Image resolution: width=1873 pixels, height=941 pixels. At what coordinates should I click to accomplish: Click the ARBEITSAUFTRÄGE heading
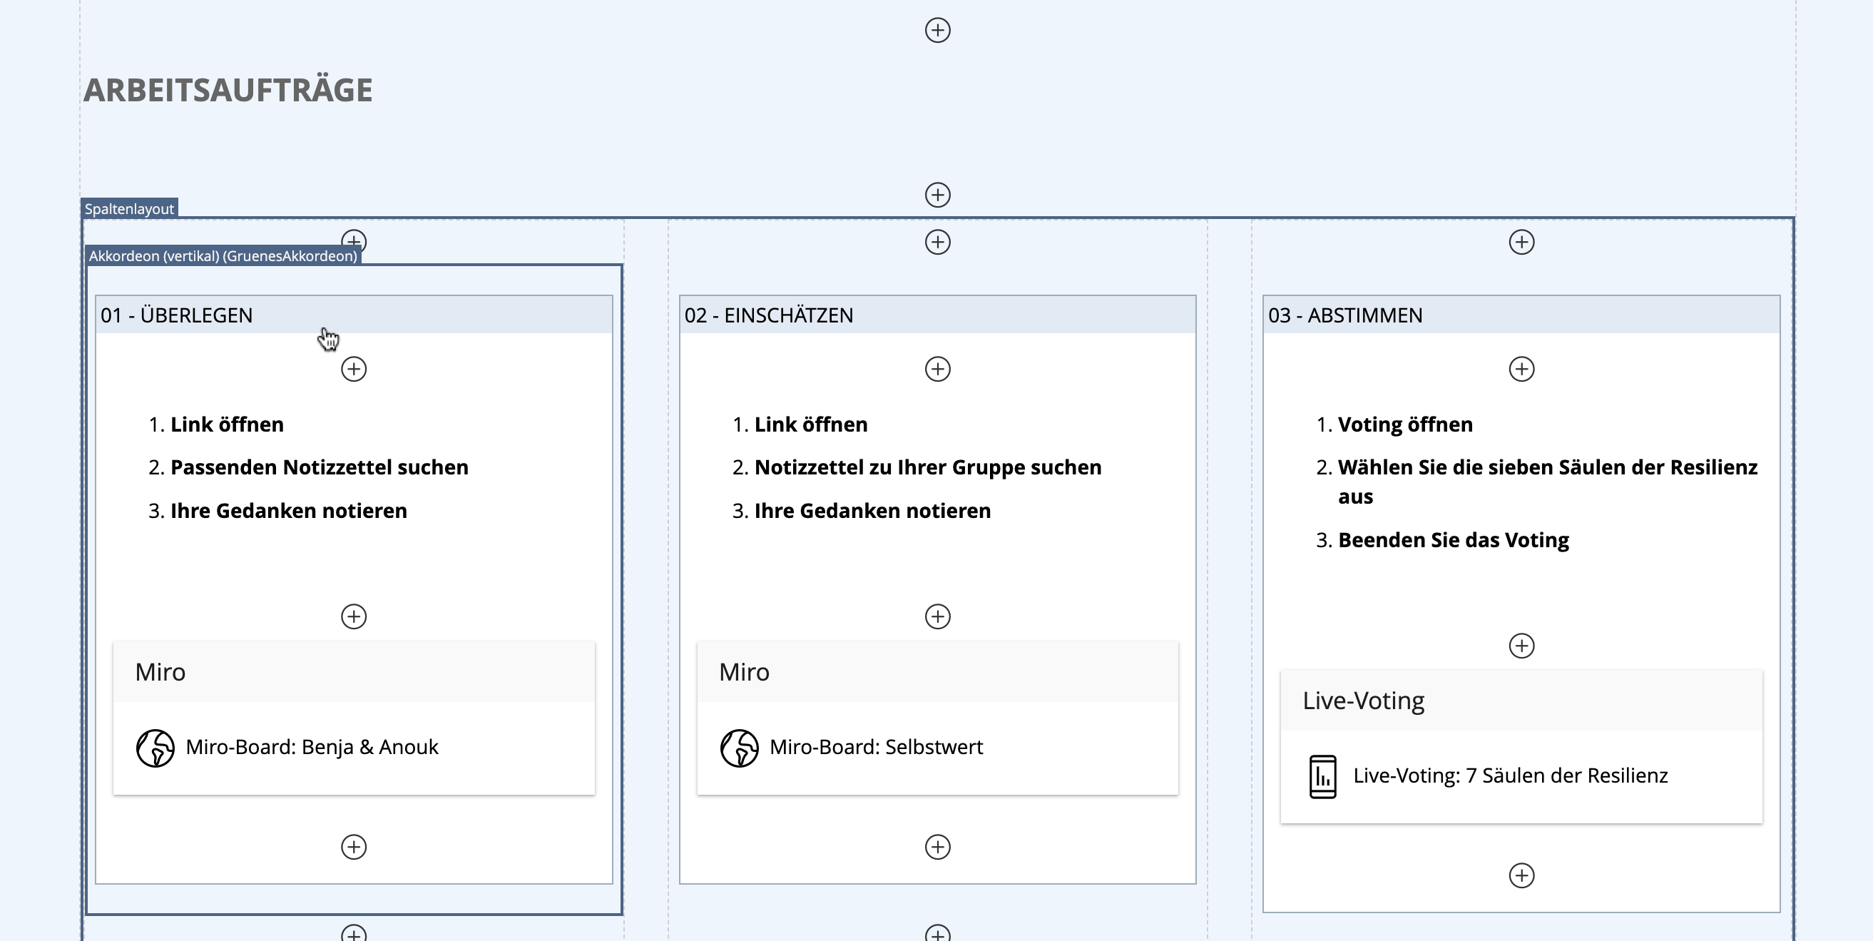coord(228,90)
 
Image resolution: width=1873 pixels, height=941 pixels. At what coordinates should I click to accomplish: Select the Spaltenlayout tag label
coord(129,209)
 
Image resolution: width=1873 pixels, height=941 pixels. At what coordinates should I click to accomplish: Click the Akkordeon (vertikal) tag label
coord(223,256)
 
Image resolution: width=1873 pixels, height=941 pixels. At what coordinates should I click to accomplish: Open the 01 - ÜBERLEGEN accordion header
coord(354,315)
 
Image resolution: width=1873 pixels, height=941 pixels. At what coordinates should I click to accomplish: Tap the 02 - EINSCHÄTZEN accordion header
coord(937,315)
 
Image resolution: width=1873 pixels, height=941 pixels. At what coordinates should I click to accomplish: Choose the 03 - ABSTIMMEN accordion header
coord(1521,315)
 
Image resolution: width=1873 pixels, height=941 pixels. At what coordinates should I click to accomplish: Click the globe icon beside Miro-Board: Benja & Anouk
coord(155,748)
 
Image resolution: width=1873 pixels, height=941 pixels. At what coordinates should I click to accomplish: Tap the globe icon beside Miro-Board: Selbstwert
coord(740,748)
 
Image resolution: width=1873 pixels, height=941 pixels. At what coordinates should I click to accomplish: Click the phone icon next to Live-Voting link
coord(1322,777)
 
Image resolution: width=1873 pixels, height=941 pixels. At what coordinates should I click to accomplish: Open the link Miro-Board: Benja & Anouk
coord(312,747)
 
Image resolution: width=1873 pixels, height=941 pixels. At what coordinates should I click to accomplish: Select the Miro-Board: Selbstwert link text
coord(876,747)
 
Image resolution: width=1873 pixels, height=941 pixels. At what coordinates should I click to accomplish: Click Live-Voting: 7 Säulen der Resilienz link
coord(1510,775)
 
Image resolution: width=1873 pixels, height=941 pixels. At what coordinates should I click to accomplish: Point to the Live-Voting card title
coord(1363,701)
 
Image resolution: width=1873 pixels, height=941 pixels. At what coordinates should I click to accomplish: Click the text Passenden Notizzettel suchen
coord(320,467)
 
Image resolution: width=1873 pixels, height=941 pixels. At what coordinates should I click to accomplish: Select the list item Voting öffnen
coord(1406,424)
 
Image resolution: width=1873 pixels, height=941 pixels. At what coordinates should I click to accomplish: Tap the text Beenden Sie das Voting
coord(1454,539)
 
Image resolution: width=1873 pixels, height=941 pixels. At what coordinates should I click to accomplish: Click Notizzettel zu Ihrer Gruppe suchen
coord(928,467)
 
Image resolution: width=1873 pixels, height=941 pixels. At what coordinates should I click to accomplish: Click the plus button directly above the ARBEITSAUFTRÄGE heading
coord(937,30)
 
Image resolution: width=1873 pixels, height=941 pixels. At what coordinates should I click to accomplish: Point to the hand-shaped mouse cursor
coord(329,338)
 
